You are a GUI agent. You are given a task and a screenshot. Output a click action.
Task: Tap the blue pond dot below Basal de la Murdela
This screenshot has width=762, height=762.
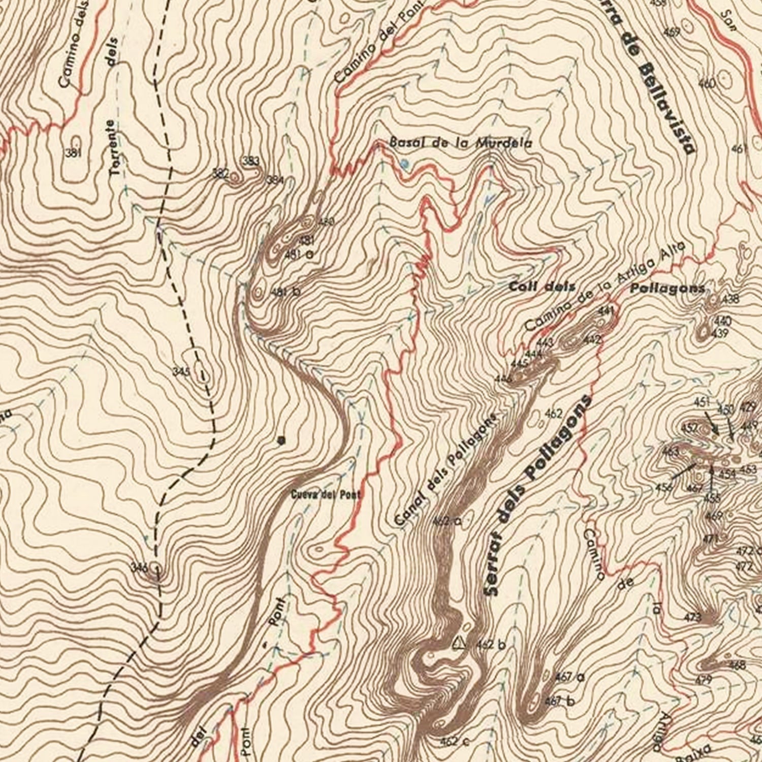[x=404, y=164]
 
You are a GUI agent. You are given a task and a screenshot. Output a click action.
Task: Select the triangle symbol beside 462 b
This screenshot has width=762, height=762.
[x=459, y=643]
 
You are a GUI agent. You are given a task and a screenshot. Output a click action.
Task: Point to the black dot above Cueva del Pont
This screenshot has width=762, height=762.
[x=281, y=441]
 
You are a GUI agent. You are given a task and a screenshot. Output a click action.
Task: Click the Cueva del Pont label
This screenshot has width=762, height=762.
[x=326, y=494]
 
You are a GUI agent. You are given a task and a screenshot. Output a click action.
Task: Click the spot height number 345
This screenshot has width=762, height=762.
[x=181, y=372]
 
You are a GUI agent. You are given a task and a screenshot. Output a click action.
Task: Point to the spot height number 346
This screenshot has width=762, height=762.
[x=139, y=567]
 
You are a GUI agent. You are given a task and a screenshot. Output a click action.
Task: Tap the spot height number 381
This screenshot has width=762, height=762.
[x=73, y=153]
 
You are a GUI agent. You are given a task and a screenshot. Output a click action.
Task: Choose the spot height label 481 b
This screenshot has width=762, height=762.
[x=285, y=292]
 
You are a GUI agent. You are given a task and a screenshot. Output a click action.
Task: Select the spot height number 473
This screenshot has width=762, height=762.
[x=693, y=617]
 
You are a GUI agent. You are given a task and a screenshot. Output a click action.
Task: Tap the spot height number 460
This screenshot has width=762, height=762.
[x=707, y=83]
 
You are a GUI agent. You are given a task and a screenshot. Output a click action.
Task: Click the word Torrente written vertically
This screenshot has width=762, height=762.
[x=115, y=148]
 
